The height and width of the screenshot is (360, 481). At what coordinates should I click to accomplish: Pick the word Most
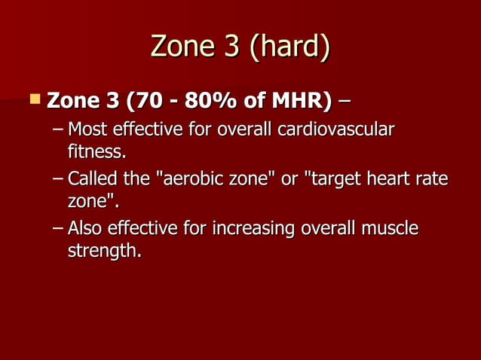86,130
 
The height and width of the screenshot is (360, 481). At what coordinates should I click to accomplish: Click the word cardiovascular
334,130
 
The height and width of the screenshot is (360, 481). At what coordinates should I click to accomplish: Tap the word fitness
96,152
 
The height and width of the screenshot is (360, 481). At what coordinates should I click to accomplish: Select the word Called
90,180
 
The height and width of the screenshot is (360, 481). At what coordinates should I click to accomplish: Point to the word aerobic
187,180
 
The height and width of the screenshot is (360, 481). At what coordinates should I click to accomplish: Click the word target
332,180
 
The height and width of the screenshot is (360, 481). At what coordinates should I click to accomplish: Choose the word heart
390,180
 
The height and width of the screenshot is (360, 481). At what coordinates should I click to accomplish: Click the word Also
85,228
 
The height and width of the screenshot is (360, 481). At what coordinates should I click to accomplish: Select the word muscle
389,228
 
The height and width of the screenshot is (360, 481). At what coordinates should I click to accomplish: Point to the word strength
103,251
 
